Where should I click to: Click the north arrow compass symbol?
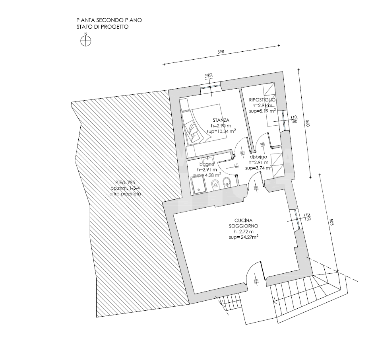(86, 41)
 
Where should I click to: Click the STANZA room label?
(221, 120)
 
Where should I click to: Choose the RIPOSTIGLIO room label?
(262, 99)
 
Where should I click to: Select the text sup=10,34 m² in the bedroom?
(221, 131)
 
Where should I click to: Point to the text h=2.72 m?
(244, 231)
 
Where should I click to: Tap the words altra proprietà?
(126, 194)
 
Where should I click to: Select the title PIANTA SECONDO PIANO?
(109, 20)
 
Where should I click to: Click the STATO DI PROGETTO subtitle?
(103, 27)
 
